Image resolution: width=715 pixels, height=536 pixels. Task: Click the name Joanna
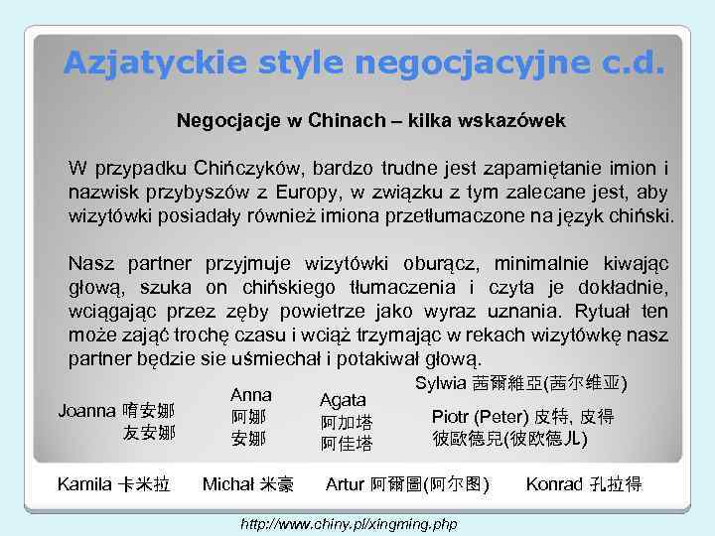click(x=87, y=410)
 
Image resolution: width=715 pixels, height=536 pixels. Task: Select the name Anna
click(x=250, y=395)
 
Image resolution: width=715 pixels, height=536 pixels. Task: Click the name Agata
click(x=343, y=400)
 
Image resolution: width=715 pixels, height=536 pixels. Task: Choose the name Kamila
click(x=85, y=484)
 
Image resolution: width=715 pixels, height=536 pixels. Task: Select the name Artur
click(x=346, y=484)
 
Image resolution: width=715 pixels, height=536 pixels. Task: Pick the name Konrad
click(x=556, y=484)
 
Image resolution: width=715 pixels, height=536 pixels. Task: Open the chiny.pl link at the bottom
click(x=349, y=522)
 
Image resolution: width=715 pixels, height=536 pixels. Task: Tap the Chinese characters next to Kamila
click(x=145, y=484)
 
